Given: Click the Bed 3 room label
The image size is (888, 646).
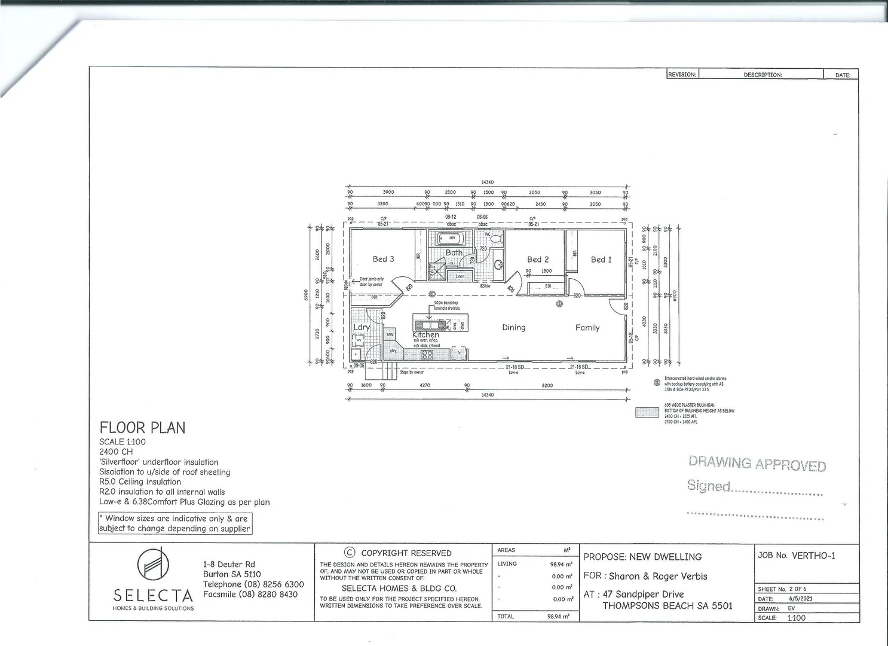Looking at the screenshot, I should [383, 259].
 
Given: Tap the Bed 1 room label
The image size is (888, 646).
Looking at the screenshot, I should [601, 260].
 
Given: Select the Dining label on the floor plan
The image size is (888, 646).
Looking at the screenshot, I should [513, 327].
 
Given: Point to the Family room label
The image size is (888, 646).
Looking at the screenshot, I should [587, 327].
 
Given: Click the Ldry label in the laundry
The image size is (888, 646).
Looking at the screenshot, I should [361, 327].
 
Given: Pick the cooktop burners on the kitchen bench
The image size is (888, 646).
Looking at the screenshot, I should [427, 354].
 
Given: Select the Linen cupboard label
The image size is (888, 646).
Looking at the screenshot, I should [460, 276].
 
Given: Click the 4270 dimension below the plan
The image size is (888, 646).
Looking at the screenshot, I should [424, 385].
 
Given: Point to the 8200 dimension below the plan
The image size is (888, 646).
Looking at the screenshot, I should [547, 385].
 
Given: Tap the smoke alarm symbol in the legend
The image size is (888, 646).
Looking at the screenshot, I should [657, 383].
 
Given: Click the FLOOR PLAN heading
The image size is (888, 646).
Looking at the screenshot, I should [142, 428].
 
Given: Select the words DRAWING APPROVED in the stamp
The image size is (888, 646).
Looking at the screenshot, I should [757, 464].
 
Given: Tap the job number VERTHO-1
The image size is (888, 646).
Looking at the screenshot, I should [813, 556].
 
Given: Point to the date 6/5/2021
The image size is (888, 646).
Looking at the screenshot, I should [800, 599].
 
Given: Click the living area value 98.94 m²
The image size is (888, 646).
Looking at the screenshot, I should [561, 564].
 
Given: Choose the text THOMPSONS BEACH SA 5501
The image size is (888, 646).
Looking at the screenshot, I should [667, 605].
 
